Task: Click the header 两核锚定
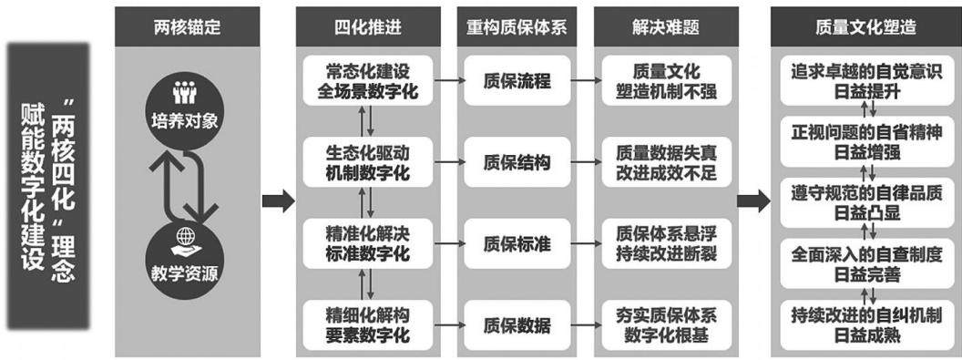(x=187, y=27)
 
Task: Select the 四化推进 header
(x=368, y=27)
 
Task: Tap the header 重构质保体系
(x=517, y=27)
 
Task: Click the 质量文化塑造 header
(x=865, y=27)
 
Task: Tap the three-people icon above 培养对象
(x=184, y=93)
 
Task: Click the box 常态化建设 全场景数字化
(x=367, y=81)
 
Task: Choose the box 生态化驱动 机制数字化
(x=367, y=162)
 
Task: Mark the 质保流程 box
(x=517, y=81)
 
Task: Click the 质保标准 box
(x=517, y=243)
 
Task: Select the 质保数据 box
(x=517, y=324)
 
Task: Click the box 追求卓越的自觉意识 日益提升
(x=865, y=81)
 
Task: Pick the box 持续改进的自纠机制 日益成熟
(x=865, y=325)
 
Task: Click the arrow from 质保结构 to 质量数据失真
(x=586, y=162)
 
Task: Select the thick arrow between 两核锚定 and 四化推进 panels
(x=278, y=201)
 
